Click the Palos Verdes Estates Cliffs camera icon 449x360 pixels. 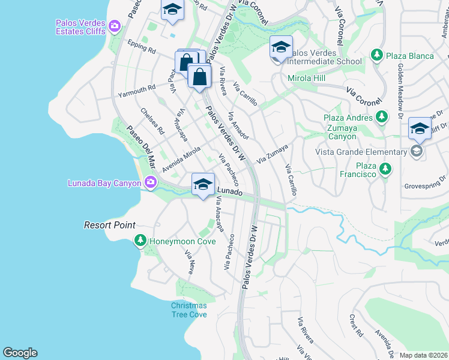click(x=115, y=26)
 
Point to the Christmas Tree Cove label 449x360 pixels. click(x=188, y=310)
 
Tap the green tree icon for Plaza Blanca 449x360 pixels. click(x=376, y=56)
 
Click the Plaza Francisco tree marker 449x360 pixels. click(x=385, y=170)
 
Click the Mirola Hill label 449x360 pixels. click(x=306, y=79)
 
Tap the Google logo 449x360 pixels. click(x=20, y=353)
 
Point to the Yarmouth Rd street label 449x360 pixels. click(x=136, y=91)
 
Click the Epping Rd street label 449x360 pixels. click(x=142, y=46)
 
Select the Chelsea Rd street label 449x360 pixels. click(x=152, y=121)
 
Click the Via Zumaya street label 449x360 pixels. click(x=273, y=154)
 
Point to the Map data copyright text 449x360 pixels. click(x=423, y=355)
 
